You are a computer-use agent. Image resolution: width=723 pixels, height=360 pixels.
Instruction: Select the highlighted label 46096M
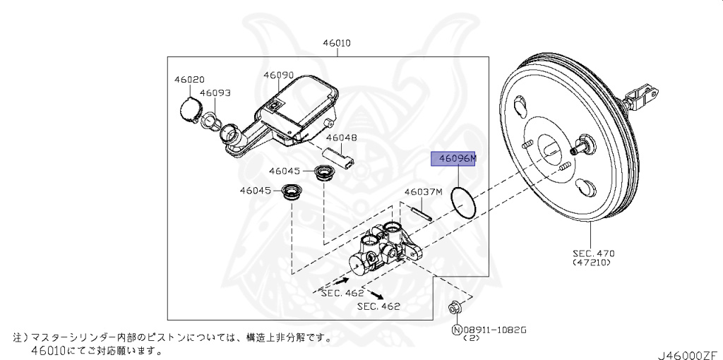(x=454, y=160)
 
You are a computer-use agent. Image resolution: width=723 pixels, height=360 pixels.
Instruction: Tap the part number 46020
(x=189, y=80)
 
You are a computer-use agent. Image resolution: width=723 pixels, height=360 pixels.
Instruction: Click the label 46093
(x=215, y=92)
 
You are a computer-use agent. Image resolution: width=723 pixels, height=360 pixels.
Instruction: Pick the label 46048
(x=341, y=138)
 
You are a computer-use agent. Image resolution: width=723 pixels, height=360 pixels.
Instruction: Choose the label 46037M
(x=422, y=192)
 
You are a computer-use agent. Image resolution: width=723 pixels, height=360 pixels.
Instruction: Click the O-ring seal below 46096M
(x=464, y=203)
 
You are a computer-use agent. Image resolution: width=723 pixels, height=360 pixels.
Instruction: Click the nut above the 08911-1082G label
(x=454, y=308)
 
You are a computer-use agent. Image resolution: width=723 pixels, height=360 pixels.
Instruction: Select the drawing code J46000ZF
(x=688, y=348)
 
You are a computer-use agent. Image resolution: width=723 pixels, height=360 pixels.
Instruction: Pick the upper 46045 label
(x=284, y=171)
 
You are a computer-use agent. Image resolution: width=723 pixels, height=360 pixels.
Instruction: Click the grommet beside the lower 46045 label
(x=290, y=191)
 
